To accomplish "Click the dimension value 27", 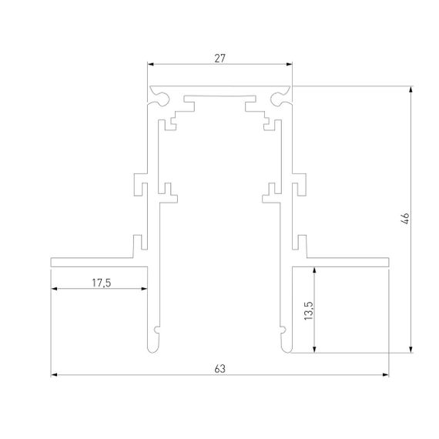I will (219, 56).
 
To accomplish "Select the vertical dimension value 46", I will (405, 219).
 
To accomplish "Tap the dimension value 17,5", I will (101, 283).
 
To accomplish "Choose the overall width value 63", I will (219, 369).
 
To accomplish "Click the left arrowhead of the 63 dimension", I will (55, 376).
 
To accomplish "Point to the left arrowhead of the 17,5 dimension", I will (55, 290).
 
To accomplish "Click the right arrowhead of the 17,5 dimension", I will (143, 290).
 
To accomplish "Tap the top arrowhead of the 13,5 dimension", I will (314, 270).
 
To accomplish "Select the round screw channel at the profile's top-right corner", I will (279, 98).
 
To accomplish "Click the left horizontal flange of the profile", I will (92, 261).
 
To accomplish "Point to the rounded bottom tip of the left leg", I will (150, 349).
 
